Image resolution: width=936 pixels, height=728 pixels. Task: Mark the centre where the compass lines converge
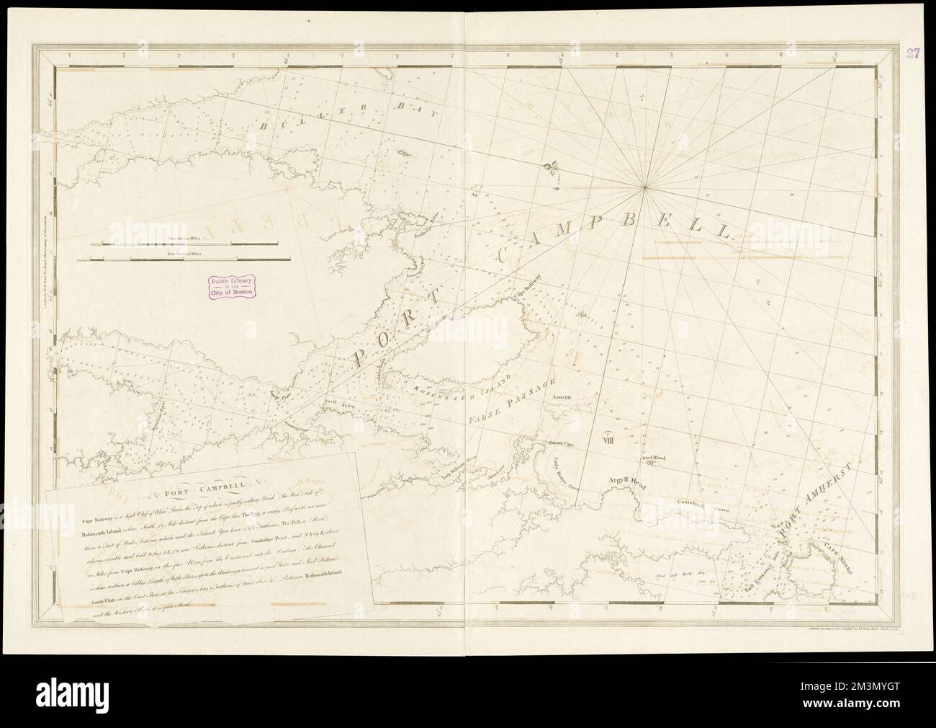[x=645, y=189]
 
